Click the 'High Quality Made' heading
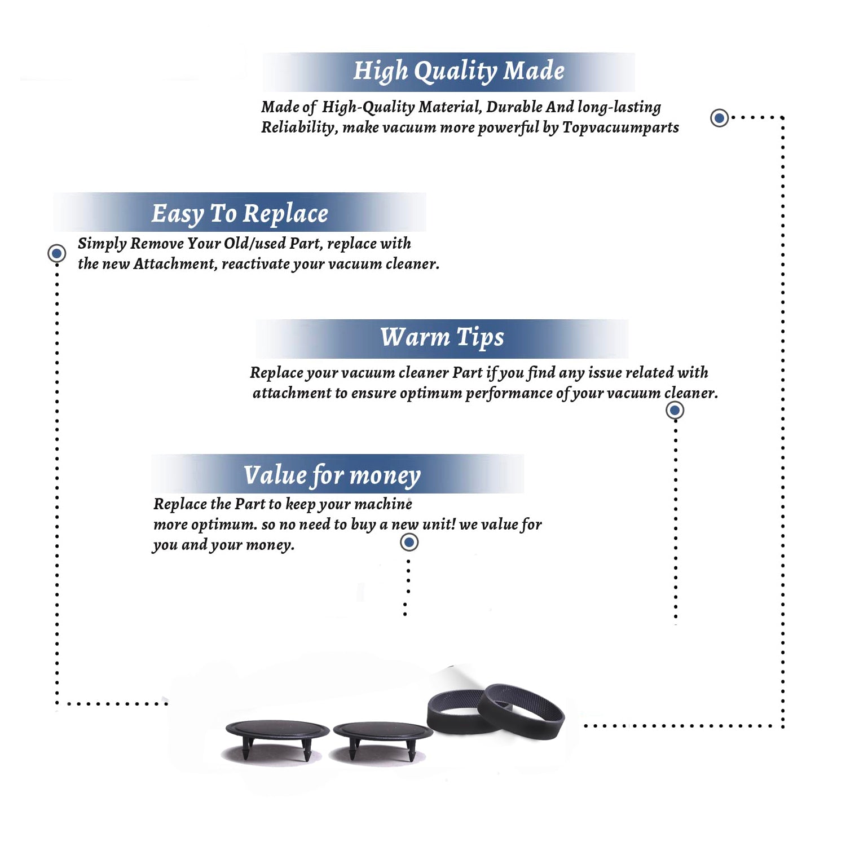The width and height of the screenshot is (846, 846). click(459, 72)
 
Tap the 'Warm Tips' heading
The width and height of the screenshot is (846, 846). click(442, 337)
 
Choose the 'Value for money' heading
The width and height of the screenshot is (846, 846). click(332, 475)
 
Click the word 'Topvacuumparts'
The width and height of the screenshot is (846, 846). click(620, 128)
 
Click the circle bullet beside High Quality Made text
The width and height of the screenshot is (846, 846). click(719, 118)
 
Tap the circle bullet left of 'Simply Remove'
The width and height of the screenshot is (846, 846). click(56, 253)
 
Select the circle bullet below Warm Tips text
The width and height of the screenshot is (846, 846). click(675, 410)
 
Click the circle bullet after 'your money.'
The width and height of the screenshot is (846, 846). click(409, 543)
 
